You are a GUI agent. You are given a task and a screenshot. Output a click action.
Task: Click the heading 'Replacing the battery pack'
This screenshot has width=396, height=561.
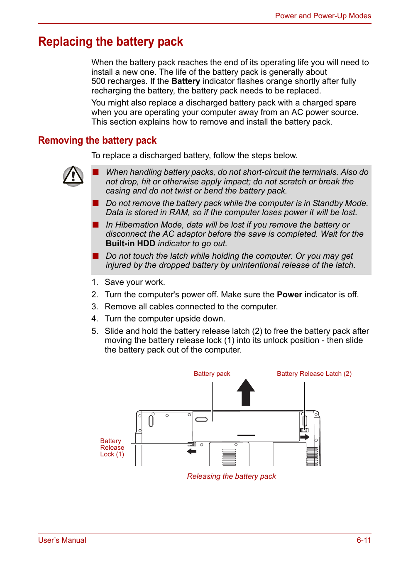[110, 42]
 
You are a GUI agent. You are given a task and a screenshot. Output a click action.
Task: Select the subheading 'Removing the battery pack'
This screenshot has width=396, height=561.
[97, 140]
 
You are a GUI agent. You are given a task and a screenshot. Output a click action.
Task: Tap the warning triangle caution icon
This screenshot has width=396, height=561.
[73, 176]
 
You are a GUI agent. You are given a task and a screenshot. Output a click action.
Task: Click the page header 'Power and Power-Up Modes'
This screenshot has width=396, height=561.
[323, 16]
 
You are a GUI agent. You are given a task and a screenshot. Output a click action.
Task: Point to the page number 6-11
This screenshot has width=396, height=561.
[363, 540]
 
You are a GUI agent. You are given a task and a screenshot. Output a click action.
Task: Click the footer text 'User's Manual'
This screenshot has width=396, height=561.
[62, 540]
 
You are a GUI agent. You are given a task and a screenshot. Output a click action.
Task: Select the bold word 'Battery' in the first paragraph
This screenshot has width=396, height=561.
[186, 81]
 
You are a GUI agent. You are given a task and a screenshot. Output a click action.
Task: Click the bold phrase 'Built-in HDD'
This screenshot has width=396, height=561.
[130, 244]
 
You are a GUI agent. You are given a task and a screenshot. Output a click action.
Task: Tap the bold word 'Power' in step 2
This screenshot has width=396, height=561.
[289, 295]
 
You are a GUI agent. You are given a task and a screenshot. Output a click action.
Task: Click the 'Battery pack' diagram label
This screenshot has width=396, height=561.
[212, 374]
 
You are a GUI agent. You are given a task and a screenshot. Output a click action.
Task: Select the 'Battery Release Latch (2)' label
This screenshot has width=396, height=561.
[314, 374]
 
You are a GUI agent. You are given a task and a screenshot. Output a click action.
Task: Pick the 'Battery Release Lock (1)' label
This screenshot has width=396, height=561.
[112, 448]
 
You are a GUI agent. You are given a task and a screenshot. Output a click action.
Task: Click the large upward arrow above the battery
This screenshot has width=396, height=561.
[246, 392]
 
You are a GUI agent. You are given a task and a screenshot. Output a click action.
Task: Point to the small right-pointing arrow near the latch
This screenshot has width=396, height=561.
[305, 437]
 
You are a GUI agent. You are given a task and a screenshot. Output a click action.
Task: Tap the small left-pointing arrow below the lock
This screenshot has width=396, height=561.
[191, 451]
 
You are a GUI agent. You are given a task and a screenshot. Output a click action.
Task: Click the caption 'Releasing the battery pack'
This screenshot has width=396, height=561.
[231, 476]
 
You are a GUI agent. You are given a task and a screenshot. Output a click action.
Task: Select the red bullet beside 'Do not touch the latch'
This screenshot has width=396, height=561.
[96, 256]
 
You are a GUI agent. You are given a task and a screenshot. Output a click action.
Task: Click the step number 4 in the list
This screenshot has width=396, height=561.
[95, 319]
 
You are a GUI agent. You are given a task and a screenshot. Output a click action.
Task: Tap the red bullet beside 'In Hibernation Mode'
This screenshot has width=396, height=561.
[96, 225]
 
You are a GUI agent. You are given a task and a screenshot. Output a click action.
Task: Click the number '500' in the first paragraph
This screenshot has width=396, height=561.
[99, 81]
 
